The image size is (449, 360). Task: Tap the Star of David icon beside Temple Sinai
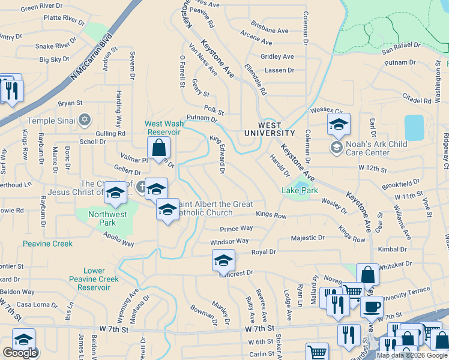coord(85,120)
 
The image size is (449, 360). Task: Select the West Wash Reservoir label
coord(163,128)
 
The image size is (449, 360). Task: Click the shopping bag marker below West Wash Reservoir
coord(159,146)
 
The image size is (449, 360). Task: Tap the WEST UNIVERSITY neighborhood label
coord(269,133)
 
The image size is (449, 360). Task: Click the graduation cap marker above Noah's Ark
coord(339,125)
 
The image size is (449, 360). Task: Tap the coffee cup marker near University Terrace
coord(372,306)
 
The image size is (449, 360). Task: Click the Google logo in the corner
coord(20,352)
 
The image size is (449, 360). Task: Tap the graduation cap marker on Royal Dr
coord(223,260)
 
